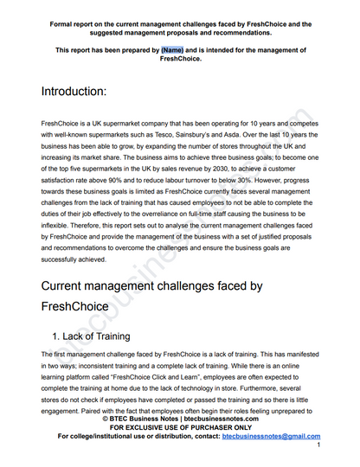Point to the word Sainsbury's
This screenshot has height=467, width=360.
pyautogui.click(x=228, y=135)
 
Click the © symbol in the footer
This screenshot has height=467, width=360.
pyautogui.click(x=106, y=419)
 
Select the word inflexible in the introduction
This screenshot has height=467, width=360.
pyautogui.click(x=55, y=221)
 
